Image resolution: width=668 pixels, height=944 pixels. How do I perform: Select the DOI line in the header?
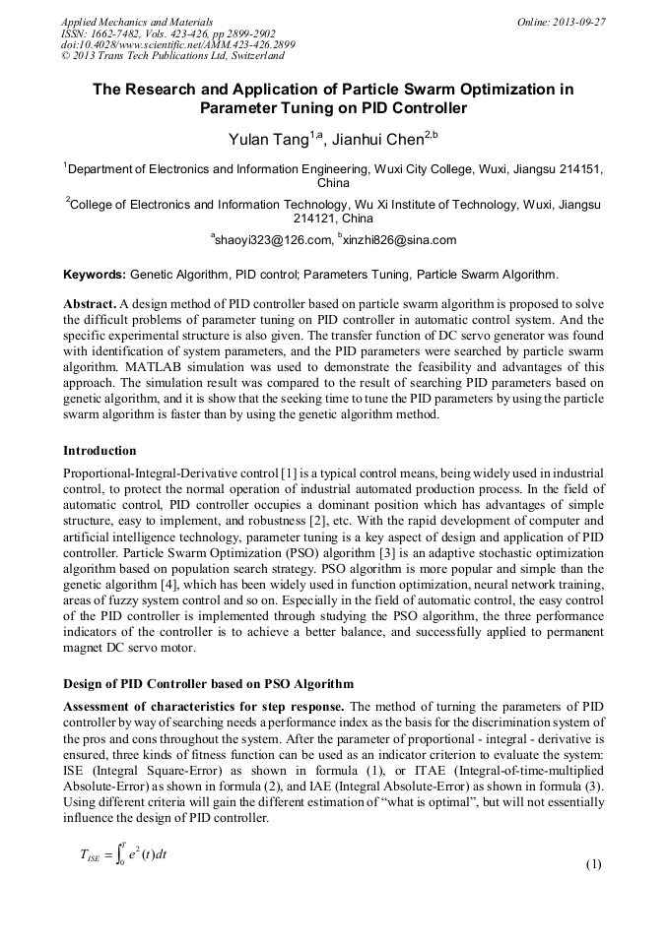pyautogui.click(x=177, y=45)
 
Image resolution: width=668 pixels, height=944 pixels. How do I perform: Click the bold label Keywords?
pyautogui.click(x=95, y=274)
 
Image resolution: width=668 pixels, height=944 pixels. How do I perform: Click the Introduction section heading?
pyautogui.click(x=100, y=451)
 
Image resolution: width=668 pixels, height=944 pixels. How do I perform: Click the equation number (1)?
pyautogui.click(x=593, y=865)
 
